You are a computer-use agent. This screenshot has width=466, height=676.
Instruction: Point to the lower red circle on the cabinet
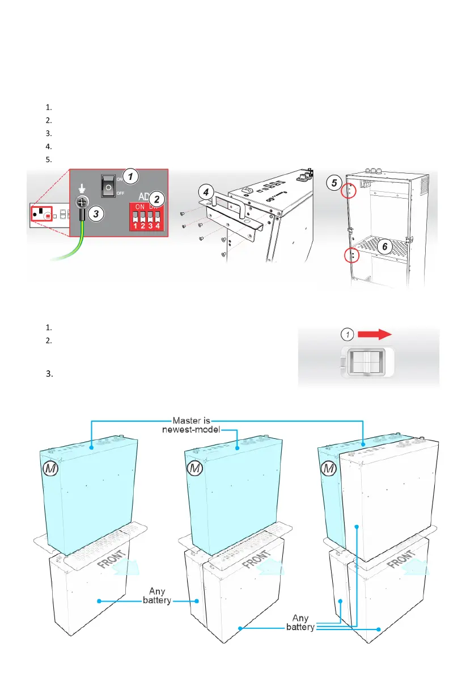[x=352, y=257]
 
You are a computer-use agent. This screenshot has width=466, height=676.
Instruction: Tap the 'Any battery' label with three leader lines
[x=302, y=623]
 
